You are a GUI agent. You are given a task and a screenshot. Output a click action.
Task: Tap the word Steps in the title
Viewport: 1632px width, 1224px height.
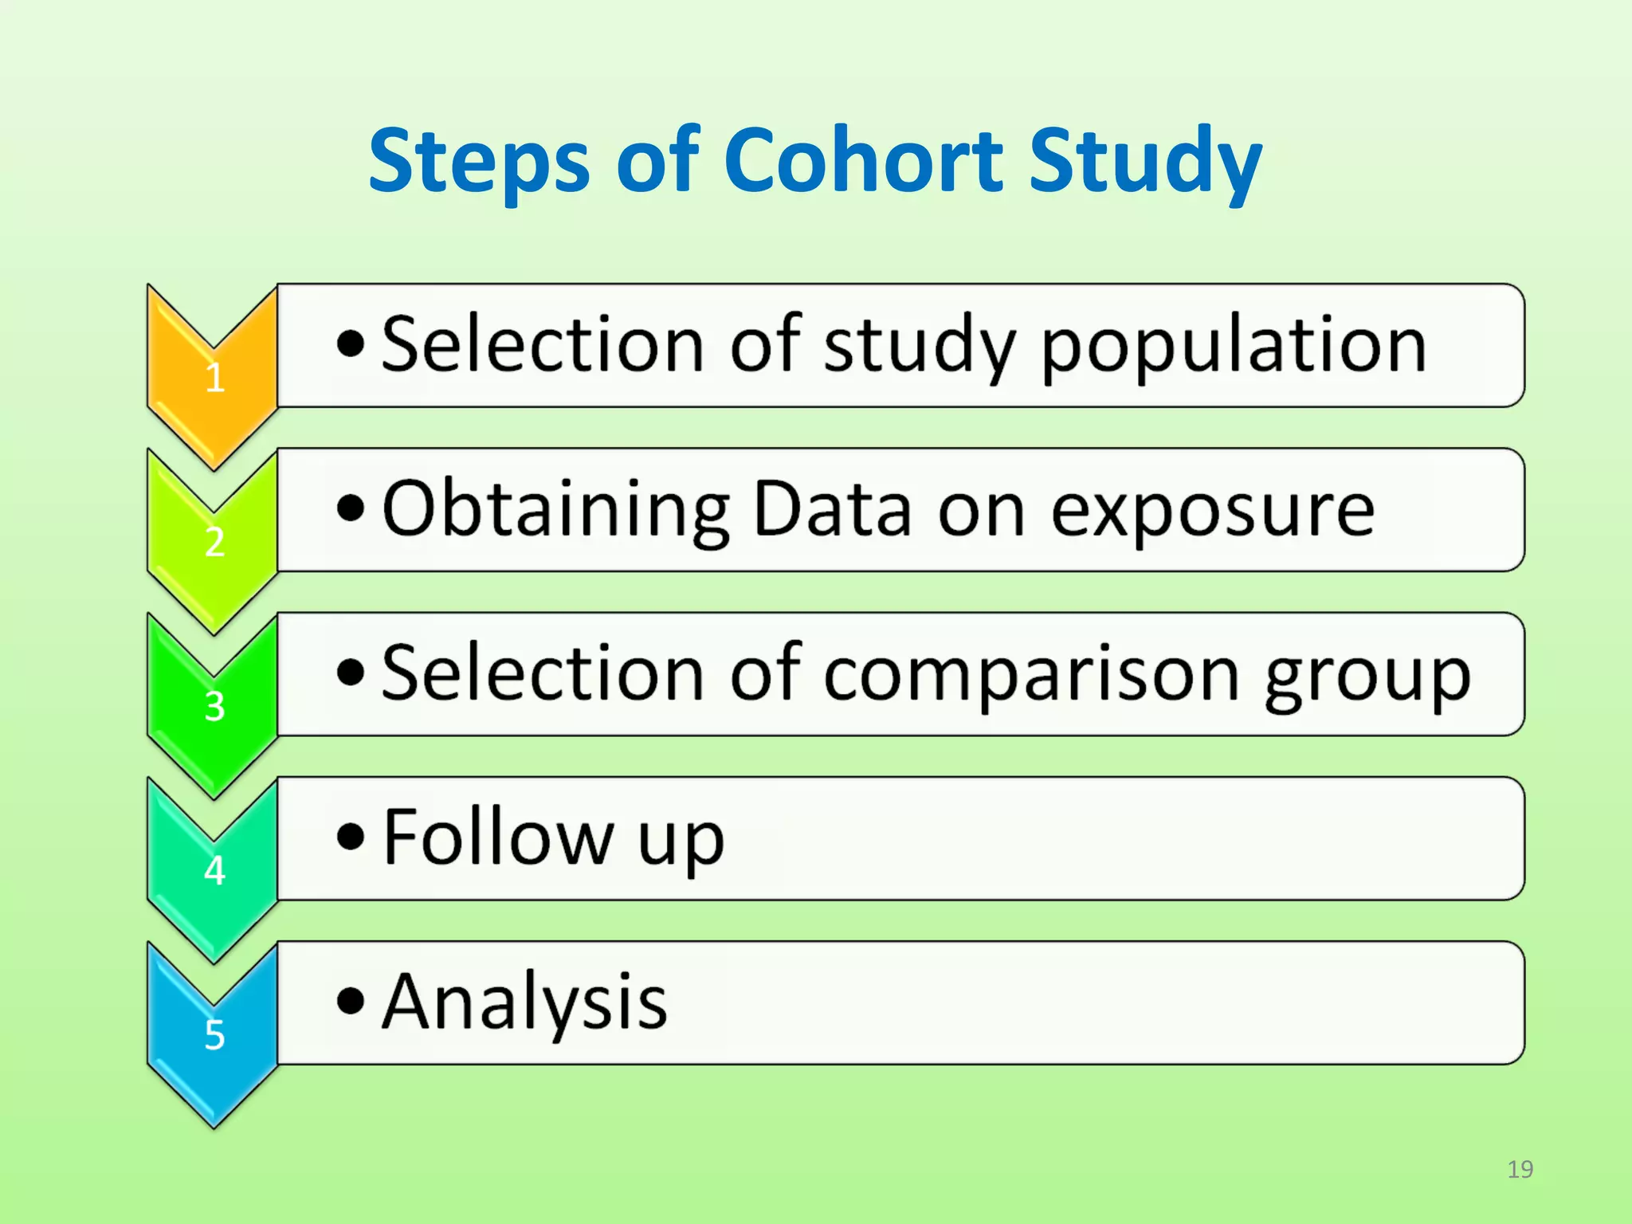click(x=479, y=163)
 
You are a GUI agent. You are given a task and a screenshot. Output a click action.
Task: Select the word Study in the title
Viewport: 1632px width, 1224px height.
click(x=1145, y=163)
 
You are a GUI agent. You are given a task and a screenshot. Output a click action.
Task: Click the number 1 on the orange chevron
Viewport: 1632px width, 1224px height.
click(x=214, y=378)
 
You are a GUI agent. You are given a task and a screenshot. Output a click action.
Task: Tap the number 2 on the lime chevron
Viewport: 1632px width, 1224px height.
click(x=214, y=543)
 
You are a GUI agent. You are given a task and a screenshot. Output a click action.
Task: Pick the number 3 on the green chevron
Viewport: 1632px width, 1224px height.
click(x=214, y=707)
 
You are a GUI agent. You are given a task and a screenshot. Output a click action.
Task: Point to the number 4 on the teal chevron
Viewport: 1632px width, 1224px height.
click(x=214, y=870)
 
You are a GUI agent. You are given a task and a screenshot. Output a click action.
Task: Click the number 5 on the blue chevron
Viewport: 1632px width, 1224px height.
click(x=214, y=1035)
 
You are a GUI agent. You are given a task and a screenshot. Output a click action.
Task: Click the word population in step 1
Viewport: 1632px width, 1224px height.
click(x=1234, y=347)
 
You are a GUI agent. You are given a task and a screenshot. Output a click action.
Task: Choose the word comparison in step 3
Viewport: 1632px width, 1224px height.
click(x=1030, y=677)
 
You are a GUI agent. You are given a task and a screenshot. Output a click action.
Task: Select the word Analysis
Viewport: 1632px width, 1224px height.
click(x=524, y=1004)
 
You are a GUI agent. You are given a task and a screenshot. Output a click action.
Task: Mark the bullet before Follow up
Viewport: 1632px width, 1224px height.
click(x=350, y=838)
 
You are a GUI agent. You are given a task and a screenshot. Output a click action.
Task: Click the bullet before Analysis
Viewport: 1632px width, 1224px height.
click(x=350, y=1002)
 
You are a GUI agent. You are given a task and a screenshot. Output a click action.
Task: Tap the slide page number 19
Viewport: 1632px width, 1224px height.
click(x=1520, y=1169)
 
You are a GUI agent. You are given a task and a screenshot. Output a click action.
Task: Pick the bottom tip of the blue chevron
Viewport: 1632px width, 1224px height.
click(x=214, y=1126)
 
